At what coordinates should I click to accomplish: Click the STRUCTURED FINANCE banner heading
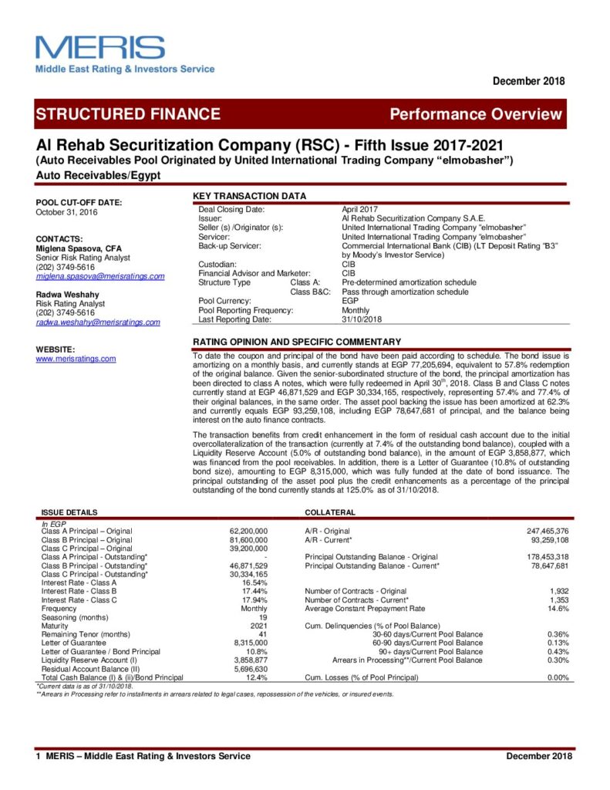pos(127,114)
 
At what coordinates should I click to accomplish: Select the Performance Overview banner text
pos(476,115)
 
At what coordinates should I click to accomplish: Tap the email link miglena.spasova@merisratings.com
pos(100,275)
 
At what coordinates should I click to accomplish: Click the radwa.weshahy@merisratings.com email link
pos(98,322)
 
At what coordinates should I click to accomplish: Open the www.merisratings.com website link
pos(76,359)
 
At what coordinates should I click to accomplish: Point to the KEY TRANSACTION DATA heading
pos(249,196)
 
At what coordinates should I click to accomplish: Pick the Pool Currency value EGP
pos(350,301)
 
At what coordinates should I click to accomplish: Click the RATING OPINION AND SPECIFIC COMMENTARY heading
pos(297,342)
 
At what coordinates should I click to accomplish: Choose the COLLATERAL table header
pos(330,511)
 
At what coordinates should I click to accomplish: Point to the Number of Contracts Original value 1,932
pos(557,591)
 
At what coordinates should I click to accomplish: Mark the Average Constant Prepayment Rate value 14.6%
pos(558,608)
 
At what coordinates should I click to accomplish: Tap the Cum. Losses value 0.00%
pos(557,677)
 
